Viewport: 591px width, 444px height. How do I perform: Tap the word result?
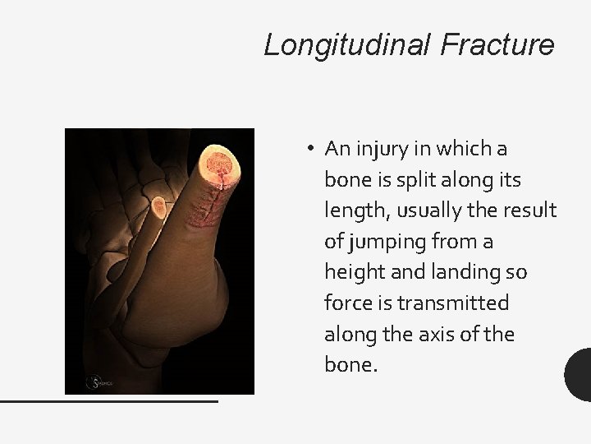[533, 210]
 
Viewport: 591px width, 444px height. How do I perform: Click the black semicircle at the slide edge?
[580, 374]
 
